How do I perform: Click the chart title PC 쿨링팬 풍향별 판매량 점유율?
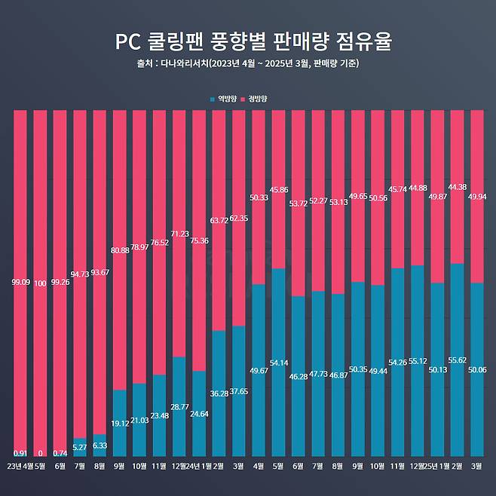click(248, 40)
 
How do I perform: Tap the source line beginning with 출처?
click(247, 63)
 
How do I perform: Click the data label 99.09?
click(20, 283)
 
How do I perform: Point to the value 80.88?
click(119, 250)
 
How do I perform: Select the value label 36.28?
click(219, 393)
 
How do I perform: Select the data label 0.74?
click(60, 453)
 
